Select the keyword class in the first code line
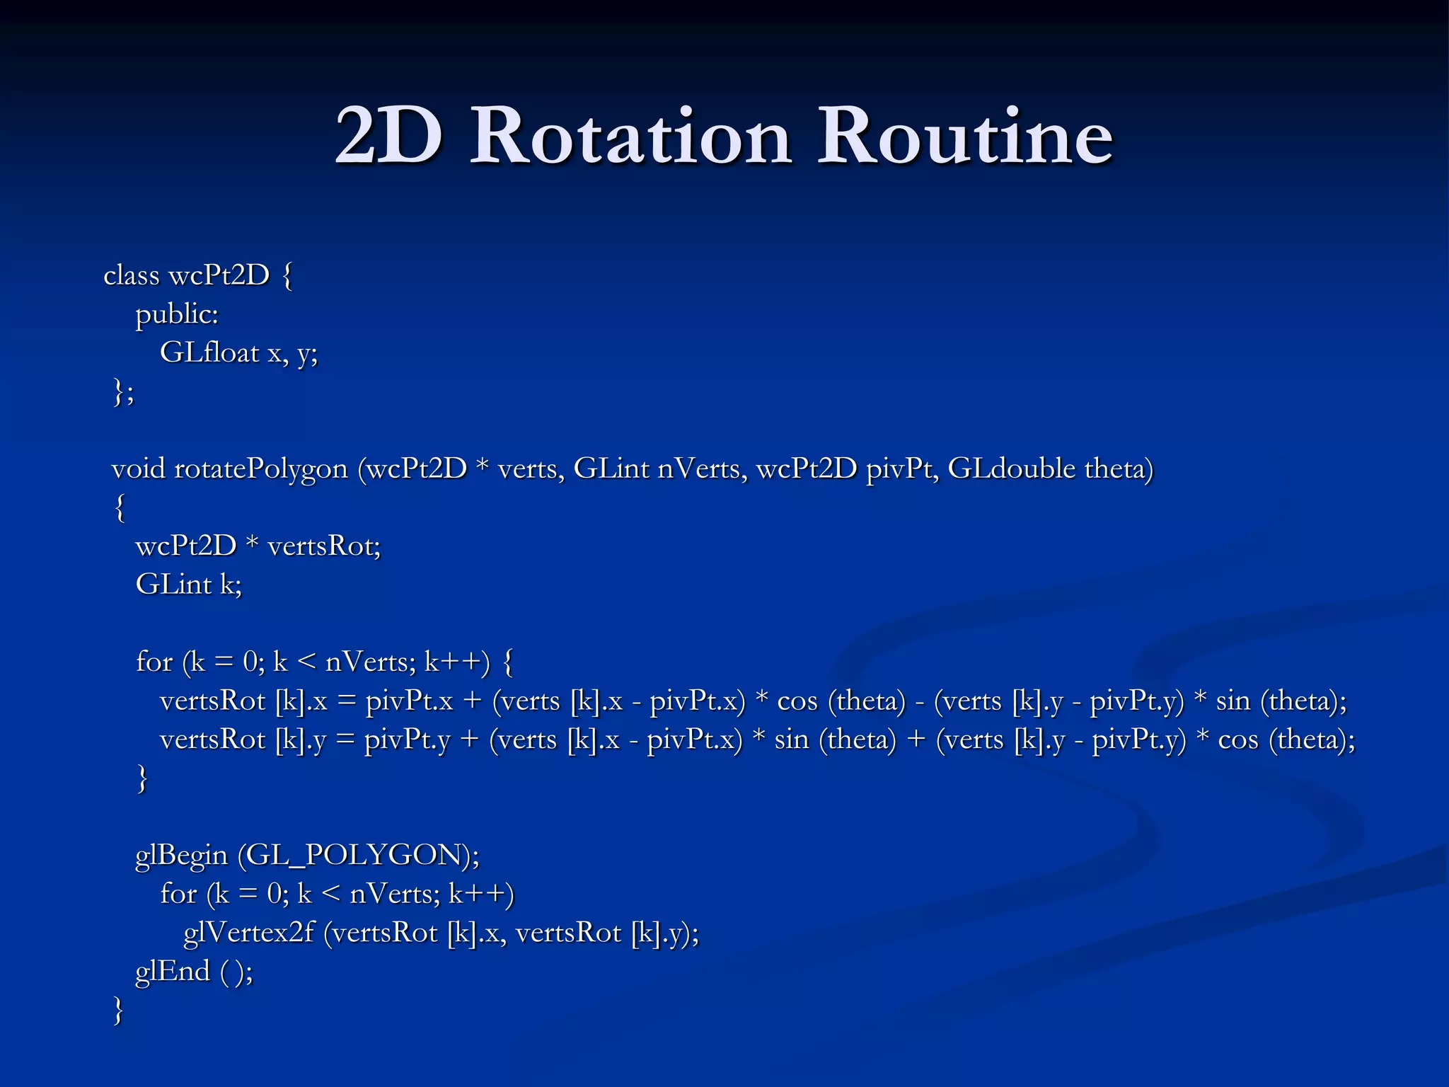pos(132,275)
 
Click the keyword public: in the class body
pos(177,314)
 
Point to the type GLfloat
pos(209,352)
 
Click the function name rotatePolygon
pos(261,469)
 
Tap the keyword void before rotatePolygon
pos(138,468)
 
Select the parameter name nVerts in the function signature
pos(702,468)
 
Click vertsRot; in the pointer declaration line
pos(325,546)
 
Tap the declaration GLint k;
pos(189,585)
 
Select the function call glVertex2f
pos(248,933)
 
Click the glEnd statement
pos(194,971)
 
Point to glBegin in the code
pos(182,856)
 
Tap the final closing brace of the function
pos(118,1010)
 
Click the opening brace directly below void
pos(120,507)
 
